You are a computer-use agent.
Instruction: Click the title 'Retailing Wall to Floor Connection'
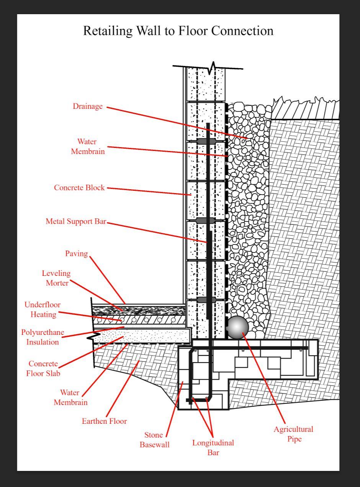178,31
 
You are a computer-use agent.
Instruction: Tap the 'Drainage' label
88,107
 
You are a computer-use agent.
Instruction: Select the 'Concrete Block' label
79,188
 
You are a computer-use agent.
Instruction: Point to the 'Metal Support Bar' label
76,221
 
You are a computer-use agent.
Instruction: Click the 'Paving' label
76,254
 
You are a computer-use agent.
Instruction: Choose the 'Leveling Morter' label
56,278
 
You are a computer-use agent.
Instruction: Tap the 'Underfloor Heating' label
43,310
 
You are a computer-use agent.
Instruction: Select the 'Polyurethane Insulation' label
43,337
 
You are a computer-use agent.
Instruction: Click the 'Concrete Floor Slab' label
43,368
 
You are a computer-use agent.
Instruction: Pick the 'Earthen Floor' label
104,421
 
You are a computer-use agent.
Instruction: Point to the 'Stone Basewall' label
154,440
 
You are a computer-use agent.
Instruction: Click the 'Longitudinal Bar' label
213,448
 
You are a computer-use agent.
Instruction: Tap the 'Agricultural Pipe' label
293,434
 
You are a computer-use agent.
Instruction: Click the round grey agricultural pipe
237,328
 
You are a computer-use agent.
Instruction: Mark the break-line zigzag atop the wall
213,68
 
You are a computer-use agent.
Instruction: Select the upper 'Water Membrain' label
88,146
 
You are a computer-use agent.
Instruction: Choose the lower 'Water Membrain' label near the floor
70,397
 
